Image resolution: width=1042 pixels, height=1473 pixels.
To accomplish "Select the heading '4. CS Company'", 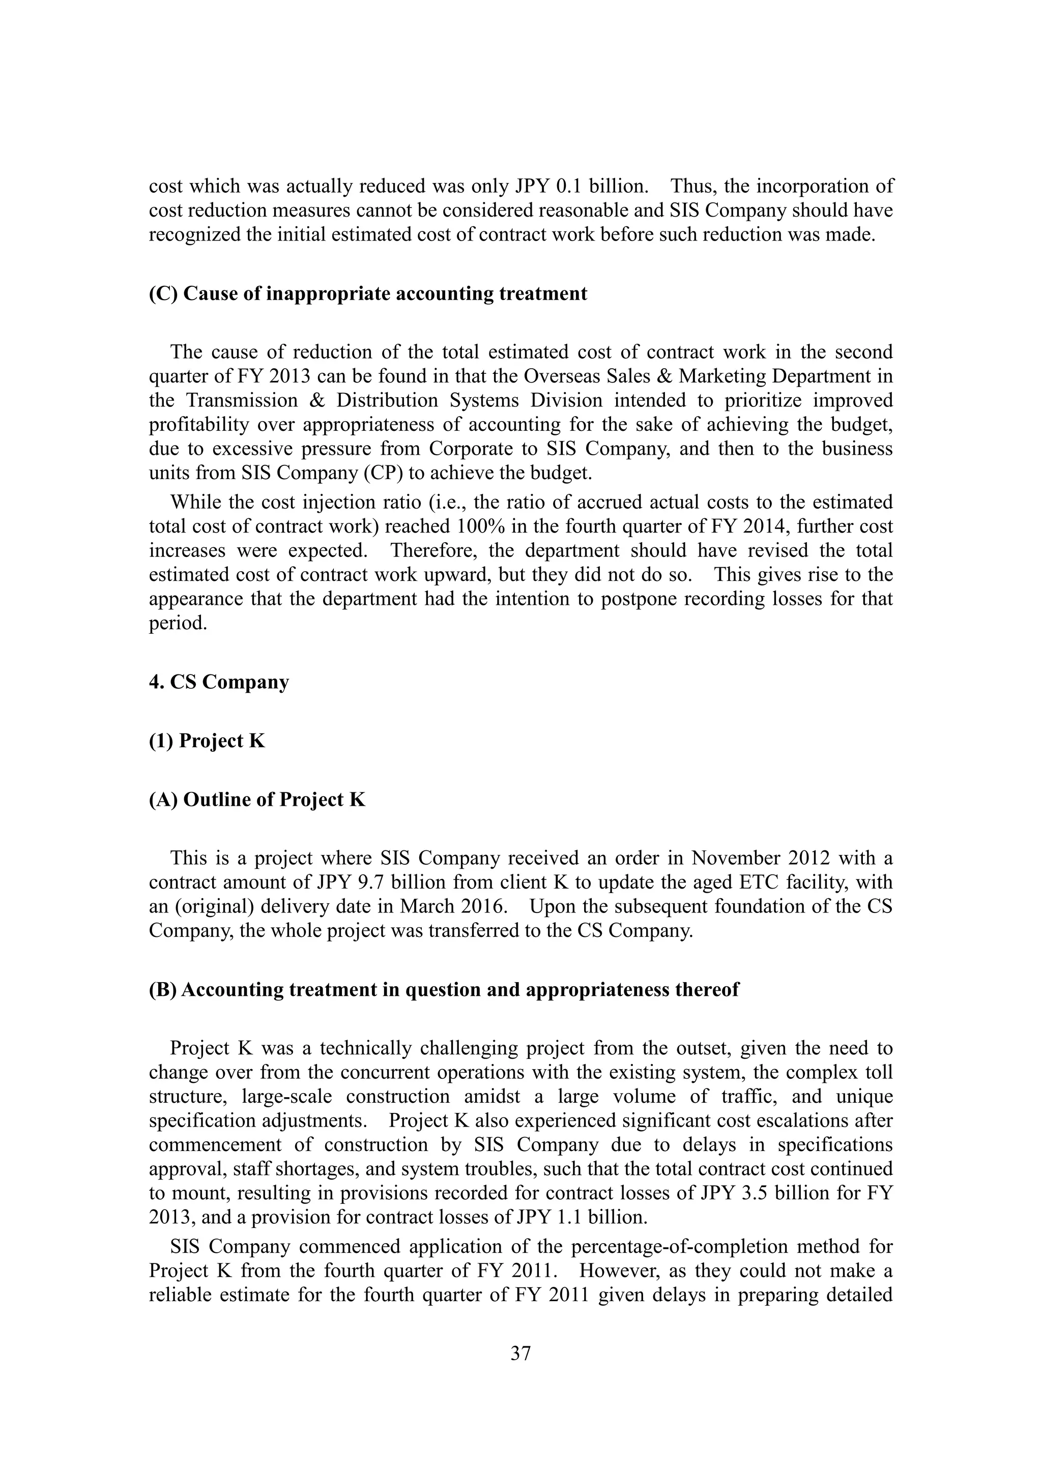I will coord(219,682).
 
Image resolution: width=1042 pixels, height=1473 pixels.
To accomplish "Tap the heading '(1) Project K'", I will coord(207,741).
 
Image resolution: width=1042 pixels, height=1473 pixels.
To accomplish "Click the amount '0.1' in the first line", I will coord(568,186).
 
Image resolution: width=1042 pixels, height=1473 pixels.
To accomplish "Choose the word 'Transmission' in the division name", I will coord(242,400).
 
